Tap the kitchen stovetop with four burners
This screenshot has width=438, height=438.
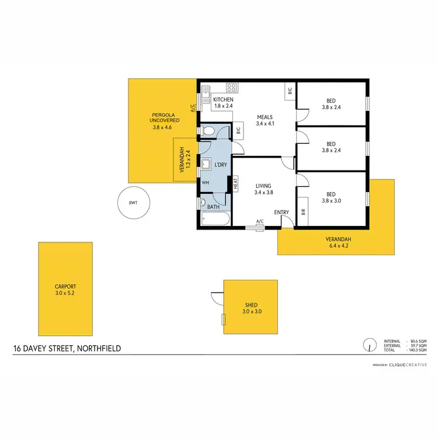(x=231, y=88)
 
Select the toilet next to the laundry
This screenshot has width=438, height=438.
(x=208, y=131)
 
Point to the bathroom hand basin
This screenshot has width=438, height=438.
(x=203, y=204)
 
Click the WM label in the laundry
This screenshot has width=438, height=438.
(x=205, y=183)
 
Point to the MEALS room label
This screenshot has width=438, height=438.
(x=265, y=117)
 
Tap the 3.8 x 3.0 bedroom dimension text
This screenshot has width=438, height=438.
(x=331, y=200)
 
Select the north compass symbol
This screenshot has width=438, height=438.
(x=369, y=345)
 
